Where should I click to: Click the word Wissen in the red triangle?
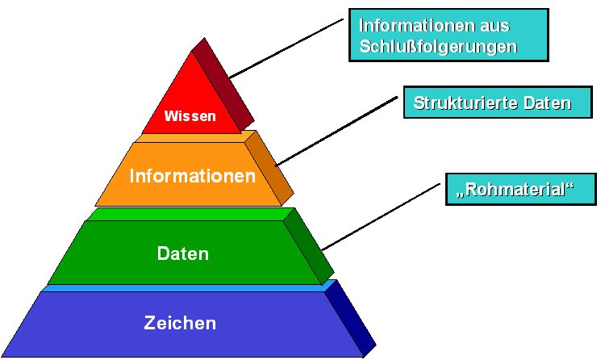190,116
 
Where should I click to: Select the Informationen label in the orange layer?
193,176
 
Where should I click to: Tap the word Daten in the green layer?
183,253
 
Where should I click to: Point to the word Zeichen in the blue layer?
180,324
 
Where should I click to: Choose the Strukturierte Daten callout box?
491,103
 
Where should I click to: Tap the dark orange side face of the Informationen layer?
269,167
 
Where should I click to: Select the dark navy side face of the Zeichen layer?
352,316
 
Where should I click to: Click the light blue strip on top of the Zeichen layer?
186,287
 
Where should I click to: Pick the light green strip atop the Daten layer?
186,215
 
